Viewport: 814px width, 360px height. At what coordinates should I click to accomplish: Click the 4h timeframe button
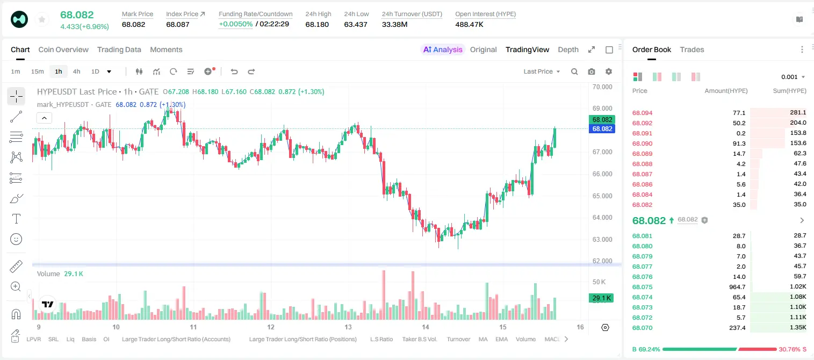coord(76,71)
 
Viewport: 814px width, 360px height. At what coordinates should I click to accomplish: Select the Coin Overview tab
coord(63,50)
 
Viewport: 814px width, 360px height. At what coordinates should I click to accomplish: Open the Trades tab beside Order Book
coord(692,50)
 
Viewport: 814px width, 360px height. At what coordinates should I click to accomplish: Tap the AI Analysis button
coord(443,50)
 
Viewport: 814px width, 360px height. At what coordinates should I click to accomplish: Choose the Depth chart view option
coord(568,50)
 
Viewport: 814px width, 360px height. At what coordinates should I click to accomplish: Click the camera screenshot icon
coord(592,71)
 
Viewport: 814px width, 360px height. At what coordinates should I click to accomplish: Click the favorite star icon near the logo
coord(42,20)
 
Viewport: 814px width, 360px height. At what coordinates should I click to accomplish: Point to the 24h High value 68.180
coord(317,24)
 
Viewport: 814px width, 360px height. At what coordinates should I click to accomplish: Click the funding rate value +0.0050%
coord(235,24)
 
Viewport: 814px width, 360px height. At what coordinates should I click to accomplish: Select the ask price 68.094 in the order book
coord(642,113)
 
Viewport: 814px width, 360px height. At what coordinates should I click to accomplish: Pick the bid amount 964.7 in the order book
coord(737,287)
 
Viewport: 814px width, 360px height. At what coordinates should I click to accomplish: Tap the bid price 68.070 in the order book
coord(642,328)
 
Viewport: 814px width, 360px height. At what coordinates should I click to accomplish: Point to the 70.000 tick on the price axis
coord(602,87)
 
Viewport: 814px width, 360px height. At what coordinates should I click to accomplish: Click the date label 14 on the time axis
coord(425,327)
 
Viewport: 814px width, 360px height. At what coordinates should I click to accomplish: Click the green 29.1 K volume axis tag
coord(601,298)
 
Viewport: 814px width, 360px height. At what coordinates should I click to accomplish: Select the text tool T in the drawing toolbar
coord(16,219)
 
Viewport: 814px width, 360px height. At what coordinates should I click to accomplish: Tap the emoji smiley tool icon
coord(16,239)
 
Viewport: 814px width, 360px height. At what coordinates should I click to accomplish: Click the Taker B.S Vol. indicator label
coord(419,339)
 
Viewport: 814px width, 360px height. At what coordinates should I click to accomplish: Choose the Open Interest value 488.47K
coord(469,24)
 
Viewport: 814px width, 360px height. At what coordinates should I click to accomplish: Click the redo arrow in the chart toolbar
coord(251,71)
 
